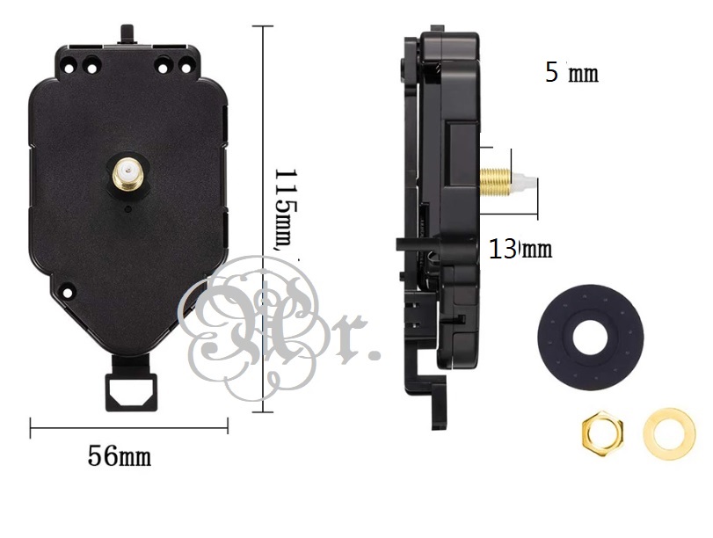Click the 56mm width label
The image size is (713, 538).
click(x=119, y=457)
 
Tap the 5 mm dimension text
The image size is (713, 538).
click(x=571, y=72)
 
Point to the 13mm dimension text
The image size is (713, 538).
click(x=520, y=249)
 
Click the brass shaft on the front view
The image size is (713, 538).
click(x=128, y=172)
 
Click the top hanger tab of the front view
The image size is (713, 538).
click(x=129, y=34)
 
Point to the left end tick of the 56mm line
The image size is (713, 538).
click(x=31, y=428)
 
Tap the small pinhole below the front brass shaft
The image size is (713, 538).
click(x=128, y=209)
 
